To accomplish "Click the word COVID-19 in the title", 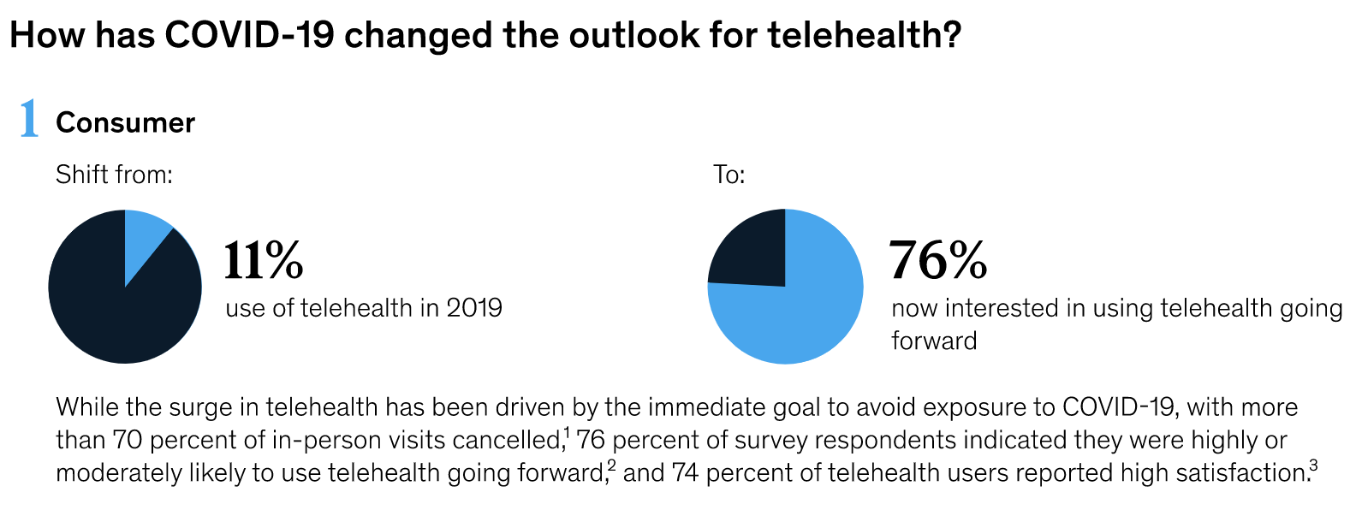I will [x=249, y=35].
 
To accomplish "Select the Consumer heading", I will [x=125, y=123].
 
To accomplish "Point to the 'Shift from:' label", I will [x=114, y=175].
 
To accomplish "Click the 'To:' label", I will [x=729, y=175].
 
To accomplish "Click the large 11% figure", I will [x=264, y=260].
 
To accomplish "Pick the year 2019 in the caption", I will [x=474, y=308].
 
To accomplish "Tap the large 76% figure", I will [x=938, y=260].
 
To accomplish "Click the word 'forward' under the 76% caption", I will [x=934, y=341].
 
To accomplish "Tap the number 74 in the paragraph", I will [x=686, y=472].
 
